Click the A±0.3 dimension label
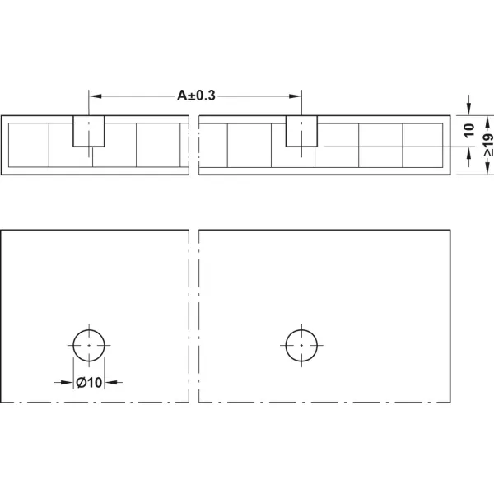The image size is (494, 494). (196, 96)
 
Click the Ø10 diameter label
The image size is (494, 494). (89, 383)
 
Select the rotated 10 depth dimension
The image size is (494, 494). (469, 130)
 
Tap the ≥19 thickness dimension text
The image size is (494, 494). (488, 145)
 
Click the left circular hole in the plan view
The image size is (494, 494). (73, 345)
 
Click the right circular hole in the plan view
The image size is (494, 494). (286, 345)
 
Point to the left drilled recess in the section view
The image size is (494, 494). (89, 131)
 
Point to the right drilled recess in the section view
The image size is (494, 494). (301, 131)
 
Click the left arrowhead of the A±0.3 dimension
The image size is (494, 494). (96, 96)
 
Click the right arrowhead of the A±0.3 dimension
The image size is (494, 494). (296, 96)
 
